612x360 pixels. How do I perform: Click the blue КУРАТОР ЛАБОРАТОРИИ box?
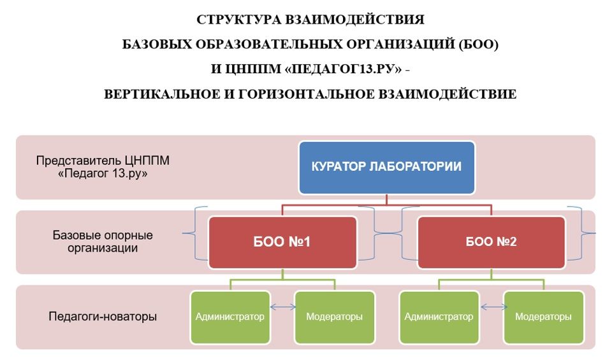coord(386,168)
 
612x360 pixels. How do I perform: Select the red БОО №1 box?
coord(282,242)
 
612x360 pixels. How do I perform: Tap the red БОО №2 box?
coord(492,242)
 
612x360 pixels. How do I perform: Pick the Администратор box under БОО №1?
coord(230,317)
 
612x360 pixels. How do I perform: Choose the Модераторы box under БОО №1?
coord(335,317)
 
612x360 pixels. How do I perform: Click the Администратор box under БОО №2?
coord(439,317)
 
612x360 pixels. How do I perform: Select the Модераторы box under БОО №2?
coord(543,317)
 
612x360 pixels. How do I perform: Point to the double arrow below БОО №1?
coord(283,307)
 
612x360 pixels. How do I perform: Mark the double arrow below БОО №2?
coord(492,307)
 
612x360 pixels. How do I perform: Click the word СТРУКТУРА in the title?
coord(239,20)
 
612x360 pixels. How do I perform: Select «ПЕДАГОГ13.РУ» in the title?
coord(344,69)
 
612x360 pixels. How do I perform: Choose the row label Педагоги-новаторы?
coord(103,316)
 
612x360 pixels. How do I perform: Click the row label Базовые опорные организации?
coord(103,242)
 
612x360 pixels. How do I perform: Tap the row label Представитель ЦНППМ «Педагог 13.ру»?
coord(103,167)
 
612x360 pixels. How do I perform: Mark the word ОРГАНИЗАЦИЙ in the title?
coord(401,45)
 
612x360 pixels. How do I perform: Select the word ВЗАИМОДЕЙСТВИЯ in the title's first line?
coord(354,20)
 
